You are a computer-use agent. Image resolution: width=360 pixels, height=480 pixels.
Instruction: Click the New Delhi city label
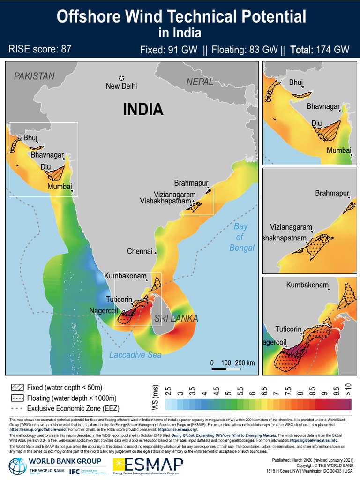point(121,86)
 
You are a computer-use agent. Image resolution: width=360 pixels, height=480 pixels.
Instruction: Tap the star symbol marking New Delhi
point(122,78)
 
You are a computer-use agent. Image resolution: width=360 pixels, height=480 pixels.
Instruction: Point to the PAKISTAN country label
point(34,76)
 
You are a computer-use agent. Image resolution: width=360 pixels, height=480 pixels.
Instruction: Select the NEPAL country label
point(200,82)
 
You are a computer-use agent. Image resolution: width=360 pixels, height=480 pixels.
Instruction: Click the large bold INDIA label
point(143,110)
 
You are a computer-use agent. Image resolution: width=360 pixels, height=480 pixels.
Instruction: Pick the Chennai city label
point(140,251)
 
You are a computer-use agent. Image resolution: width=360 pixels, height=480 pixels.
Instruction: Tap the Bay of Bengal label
point(241,237)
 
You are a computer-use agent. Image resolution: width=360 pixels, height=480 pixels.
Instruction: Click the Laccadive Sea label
point(135,355)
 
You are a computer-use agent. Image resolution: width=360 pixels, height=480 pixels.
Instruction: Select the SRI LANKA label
point(176,319)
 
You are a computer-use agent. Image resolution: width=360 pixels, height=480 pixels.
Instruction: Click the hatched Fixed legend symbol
point(17,388)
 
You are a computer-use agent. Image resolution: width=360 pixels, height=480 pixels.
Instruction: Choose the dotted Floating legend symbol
point(17,398)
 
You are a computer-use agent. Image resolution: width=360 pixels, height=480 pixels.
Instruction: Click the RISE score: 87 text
point(40,49)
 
